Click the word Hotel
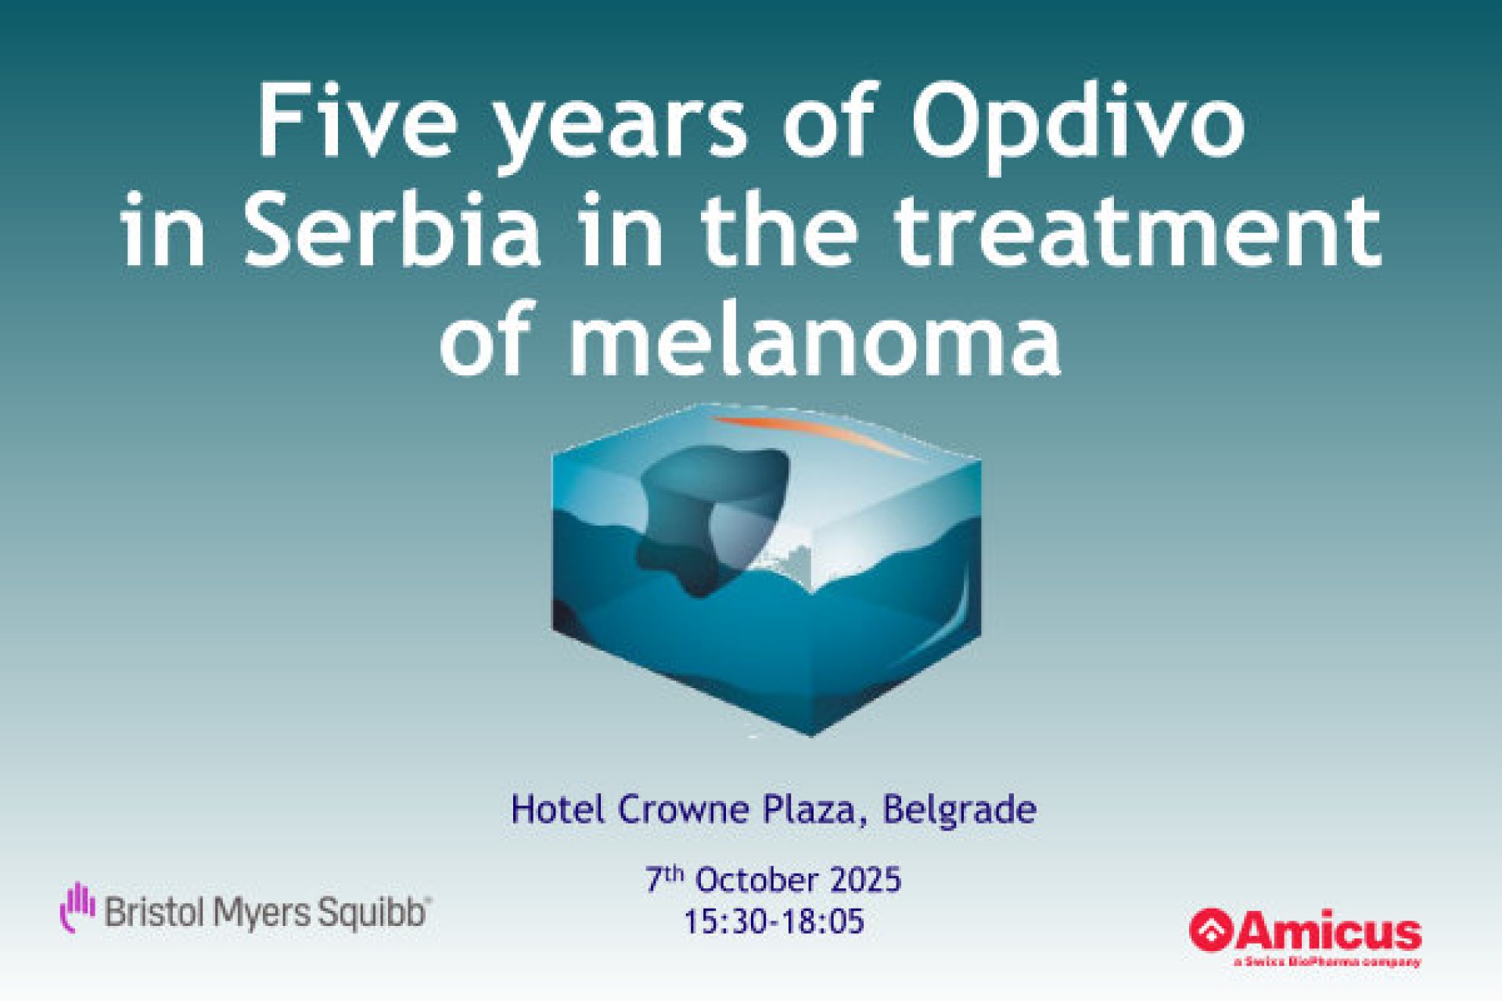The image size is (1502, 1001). (x=558, y=809)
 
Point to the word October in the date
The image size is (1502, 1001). (x=746, y=880)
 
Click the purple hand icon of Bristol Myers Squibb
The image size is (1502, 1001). (x=78, y=906)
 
